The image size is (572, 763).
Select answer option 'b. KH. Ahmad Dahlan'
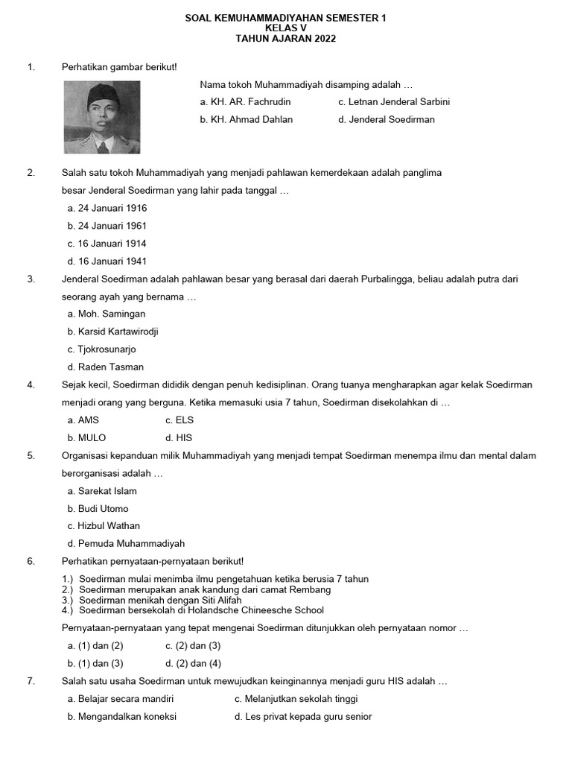click(246, 119)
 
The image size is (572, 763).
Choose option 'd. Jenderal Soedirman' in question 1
click(386, 119)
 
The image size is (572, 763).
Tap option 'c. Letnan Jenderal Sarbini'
click(393, 101)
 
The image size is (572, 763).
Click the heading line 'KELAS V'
click(285, 28)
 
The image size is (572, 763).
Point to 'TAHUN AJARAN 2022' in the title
click(285, 39)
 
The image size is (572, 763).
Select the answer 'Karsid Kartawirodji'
click(112, 332)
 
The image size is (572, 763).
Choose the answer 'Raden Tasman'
click(105, 367)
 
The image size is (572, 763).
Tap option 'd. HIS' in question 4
click(179, 438)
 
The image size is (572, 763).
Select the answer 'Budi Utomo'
click(98, 509)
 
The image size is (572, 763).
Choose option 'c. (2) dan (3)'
click(193, 646)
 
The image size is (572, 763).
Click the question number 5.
click(31, 455)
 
